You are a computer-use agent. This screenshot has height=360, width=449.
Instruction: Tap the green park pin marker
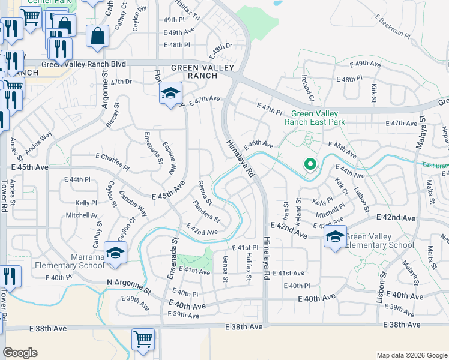310,164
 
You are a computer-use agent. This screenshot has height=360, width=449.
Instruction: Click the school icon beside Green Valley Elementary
336,238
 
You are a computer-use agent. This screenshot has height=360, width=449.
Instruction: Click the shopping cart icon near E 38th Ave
143,340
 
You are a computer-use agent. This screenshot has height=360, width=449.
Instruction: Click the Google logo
20,353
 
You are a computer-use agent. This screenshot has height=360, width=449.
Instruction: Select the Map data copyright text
411,355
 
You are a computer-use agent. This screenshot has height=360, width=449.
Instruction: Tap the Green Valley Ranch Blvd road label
83,64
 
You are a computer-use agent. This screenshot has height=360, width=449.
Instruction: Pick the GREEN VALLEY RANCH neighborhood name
194,72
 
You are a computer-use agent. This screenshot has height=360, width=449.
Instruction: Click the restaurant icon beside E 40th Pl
10,276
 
